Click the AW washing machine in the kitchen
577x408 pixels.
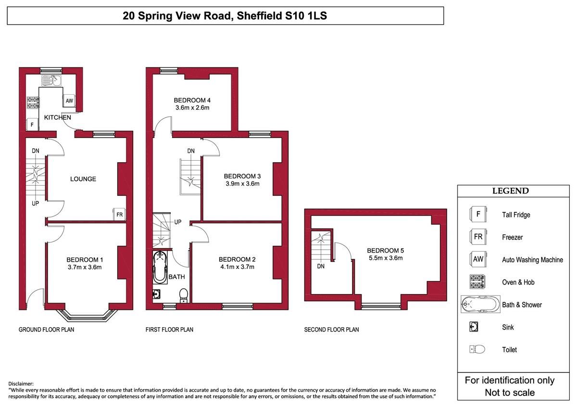tap(69, 101)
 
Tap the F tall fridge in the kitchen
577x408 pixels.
tap(33, 125)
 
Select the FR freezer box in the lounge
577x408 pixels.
tap(119, 215)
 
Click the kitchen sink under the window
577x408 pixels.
tap(51, 81)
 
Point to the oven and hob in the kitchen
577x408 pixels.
tap(33, 102)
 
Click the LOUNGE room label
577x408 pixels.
tap(83, 179)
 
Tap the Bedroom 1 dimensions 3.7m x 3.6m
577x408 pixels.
tap(85, 268)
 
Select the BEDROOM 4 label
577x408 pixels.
tap(192, 100)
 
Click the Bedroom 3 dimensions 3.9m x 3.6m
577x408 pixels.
tap(242, 184)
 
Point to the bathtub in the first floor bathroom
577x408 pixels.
tap(160, 268)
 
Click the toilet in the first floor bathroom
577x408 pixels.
tap(183, 295)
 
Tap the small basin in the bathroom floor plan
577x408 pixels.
tap(157, 294)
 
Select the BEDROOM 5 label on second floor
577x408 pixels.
tap(385, 251)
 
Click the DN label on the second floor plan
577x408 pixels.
tap(321, 266)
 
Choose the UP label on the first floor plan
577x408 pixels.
tap(178, 222)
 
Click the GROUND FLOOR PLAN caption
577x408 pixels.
tap(46, 330)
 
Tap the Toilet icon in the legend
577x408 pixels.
tap(477, 349)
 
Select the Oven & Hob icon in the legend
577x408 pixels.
tap(477, 282)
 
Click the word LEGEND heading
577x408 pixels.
tap(511, 191)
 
